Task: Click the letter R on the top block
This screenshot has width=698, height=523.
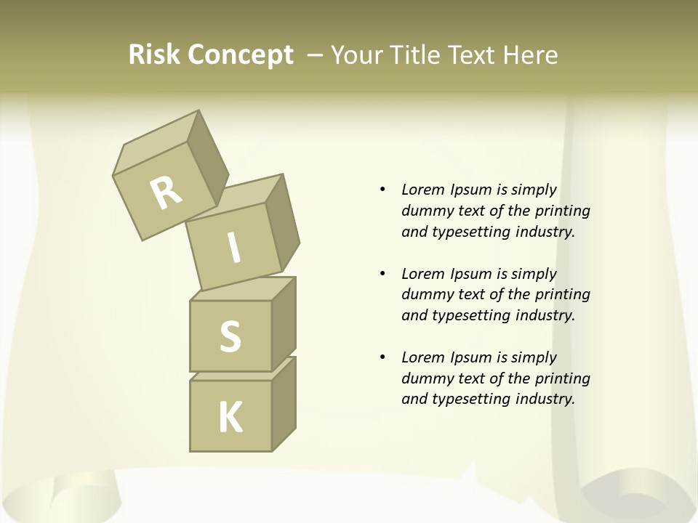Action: point(166,193)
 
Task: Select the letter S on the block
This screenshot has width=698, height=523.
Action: point(230,336)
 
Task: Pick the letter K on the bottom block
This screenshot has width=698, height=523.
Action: point(230,418)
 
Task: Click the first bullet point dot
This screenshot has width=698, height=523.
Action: point(382,190)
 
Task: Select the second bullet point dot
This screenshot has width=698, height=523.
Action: point(382,274)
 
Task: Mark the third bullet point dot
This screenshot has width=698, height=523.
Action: point(382,357)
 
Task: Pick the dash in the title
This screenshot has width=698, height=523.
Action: point(316,55)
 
